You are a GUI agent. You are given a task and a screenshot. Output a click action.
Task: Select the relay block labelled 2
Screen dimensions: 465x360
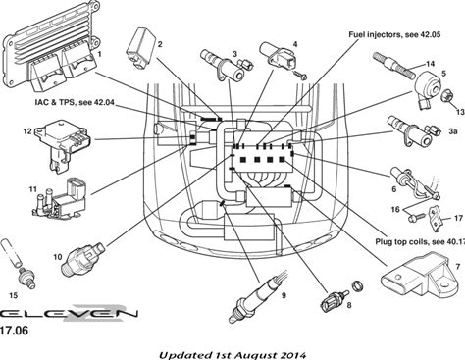point(140,48)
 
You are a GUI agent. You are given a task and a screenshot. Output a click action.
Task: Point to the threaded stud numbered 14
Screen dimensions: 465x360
point(395,65)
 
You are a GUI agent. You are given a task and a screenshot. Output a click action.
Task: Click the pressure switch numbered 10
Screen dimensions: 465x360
point(82,259)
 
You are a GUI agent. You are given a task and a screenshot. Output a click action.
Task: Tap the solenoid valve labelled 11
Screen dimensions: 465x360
point(61,199)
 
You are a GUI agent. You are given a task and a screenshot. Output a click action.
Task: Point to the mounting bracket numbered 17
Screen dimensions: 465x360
point(436,219)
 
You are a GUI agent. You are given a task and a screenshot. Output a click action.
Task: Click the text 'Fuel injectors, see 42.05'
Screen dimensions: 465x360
point(394,34)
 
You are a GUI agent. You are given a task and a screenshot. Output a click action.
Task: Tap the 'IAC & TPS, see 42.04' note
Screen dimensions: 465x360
point(75,102)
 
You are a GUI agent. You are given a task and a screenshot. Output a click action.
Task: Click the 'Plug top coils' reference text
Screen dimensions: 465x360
point(420,242)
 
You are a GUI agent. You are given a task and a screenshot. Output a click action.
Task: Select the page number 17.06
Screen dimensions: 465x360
point(14,331)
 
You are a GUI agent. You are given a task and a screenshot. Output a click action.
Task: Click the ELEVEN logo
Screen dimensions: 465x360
point(69,313)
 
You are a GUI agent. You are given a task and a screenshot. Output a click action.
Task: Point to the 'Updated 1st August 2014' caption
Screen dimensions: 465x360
point(232,355)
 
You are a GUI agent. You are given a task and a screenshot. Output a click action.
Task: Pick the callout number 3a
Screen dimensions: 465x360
point(452,131)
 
